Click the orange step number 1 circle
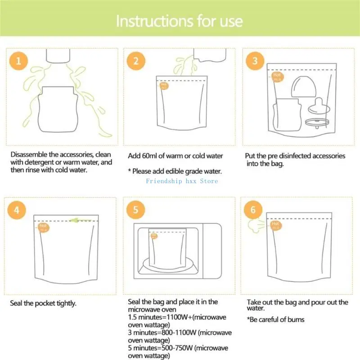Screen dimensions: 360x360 click(18, 61)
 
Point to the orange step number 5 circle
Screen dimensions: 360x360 click(136, 210)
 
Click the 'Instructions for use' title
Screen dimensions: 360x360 click(180, 21)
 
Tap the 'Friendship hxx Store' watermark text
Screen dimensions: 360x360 click(182, 181)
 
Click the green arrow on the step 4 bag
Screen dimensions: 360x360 click(81, 220)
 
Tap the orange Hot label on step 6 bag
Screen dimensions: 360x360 click(274, 225)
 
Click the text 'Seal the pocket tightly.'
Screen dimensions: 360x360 click(43, 303)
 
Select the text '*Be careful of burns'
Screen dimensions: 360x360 click(275, 319)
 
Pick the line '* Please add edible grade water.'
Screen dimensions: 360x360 click(175, 171)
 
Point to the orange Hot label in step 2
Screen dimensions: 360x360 click(164, 85)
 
